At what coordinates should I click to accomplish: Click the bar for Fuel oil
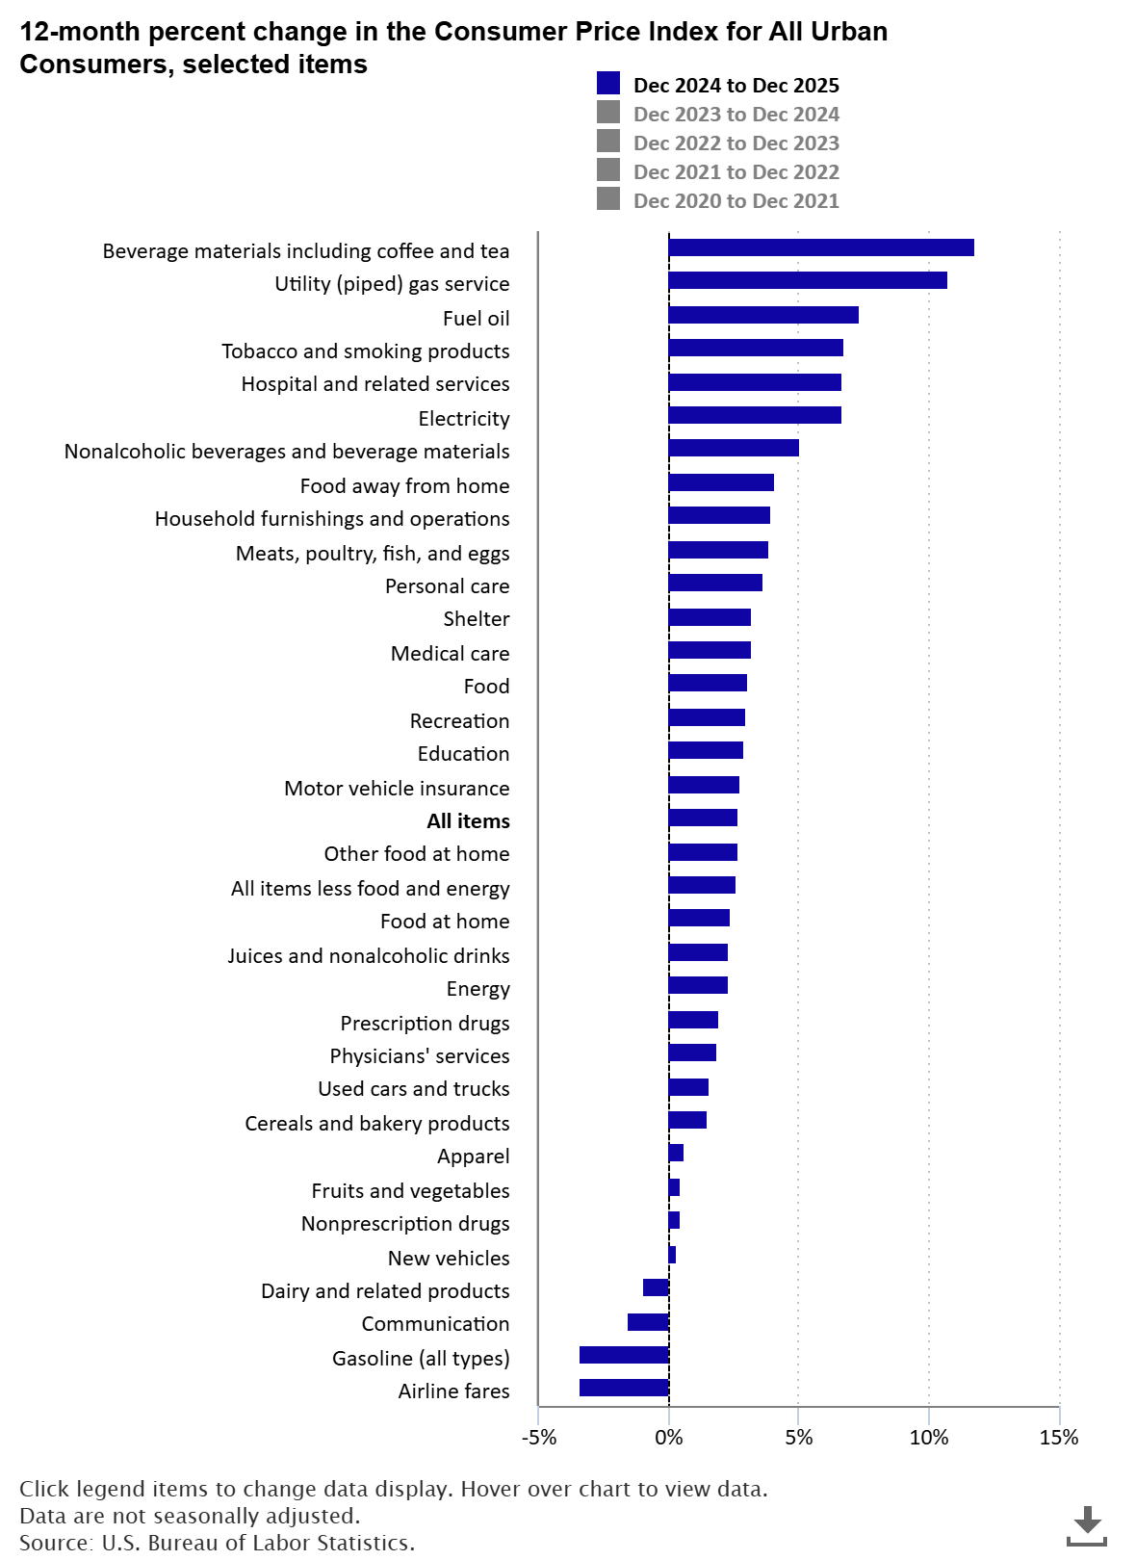[x=762, y=315]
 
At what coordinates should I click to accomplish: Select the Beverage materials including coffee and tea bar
[x=820, y=247]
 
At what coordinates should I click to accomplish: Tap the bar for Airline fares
[x=624, y=1388]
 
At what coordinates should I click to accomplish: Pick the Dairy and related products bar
[x=656, y=1287]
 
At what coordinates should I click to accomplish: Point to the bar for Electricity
[x=754, y=415]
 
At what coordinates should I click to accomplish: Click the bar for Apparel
[x=676, y=1153]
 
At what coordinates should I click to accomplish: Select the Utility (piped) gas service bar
[x=807, y=280]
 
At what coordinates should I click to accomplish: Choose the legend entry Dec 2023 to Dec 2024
[x=736, y=115]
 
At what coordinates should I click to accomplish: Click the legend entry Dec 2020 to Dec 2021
[x=736, y=201]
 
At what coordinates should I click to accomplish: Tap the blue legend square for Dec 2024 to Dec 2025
[x=608, y=85]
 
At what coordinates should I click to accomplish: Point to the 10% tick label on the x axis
[x=929, y=1439]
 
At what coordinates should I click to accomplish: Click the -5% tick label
[x=539, y=1439]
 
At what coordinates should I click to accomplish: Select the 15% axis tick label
[x=1059, y=1439]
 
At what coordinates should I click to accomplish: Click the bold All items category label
[x=468, y=821]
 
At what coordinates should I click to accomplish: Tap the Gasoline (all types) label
[x=421, y=1359]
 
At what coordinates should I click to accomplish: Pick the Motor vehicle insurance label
[x=397, y=789]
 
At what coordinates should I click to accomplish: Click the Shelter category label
[x=477, y=619]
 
